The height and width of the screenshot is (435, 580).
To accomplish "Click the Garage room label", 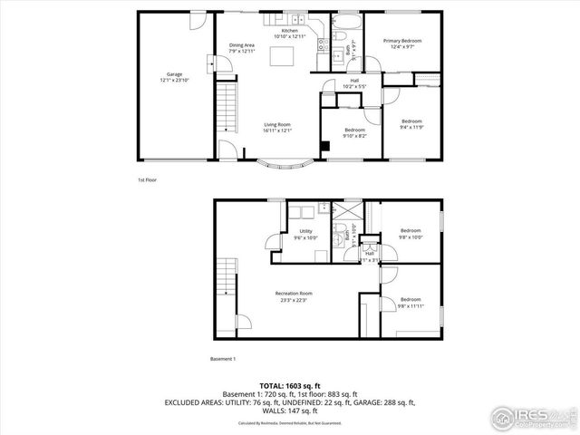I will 174,77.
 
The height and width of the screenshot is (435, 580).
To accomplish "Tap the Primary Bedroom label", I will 401,43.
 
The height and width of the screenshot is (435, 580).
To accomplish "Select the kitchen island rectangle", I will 290,58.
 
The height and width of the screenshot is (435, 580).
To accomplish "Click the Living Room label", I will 276,127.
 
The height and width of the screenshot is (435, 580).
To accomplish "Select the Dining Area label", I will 242,48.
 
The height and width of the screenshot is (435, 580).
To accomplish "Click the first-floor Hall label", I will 354,83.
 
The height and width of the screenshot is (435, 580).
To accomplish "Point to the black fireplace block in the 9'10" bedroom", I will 324,147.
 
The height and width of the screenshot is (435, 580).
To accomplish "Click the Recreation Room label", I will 295,295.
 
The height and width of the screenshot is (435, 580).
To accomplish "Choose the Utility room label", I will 305,234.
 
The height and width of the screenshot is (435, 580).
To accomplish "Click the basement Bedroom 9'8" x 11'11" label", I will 411,302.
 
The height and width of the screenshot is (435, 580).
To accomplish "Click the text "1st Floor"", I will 148,180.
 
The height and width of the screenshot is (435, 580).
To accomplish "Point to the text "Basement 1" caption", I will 223,360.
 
